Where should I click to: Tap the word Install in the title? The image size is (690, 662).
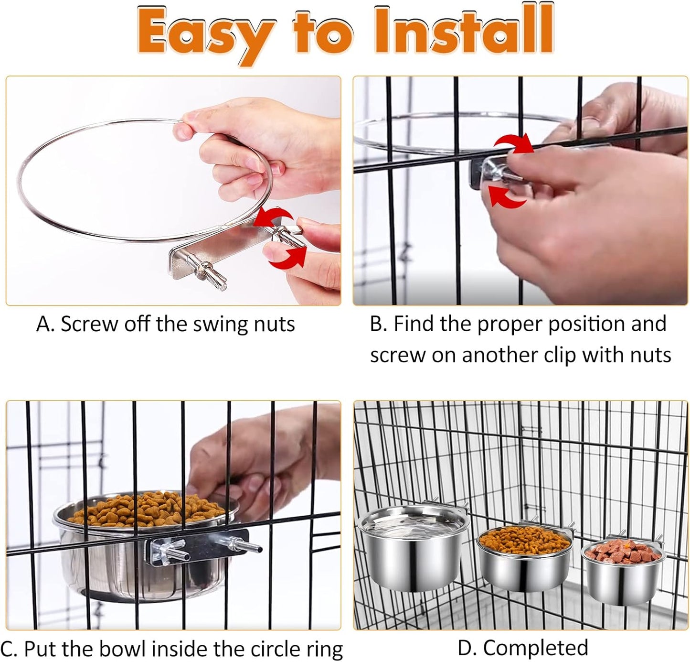point(464,30)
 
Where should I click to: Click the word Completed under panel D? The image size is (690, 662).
point(535,648)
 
